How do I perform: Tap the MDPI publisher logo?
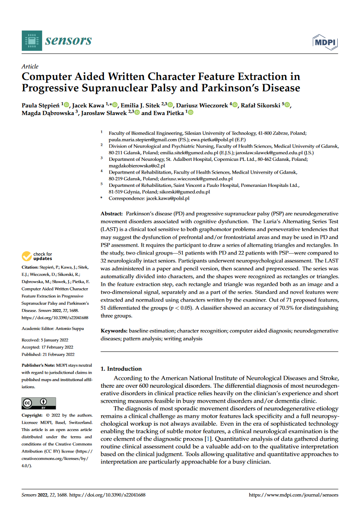[326, 42]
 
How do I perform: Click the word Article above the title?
[30, 66]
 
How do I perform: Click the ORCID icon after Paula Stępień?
[67, 106]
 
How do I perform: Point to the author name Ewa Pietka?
[169, 113]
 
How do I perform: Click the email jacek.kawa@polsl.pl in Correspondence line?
[167, 198]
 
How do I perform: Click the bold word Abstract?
[112, 214]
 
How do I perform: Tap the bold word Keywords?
[114, 331]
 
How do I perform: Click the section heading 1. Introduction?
[121, 369]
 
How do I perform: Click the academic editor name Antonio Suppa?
[69, 328]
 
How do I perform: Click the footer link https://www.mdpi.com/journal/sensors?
[294, 495]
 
